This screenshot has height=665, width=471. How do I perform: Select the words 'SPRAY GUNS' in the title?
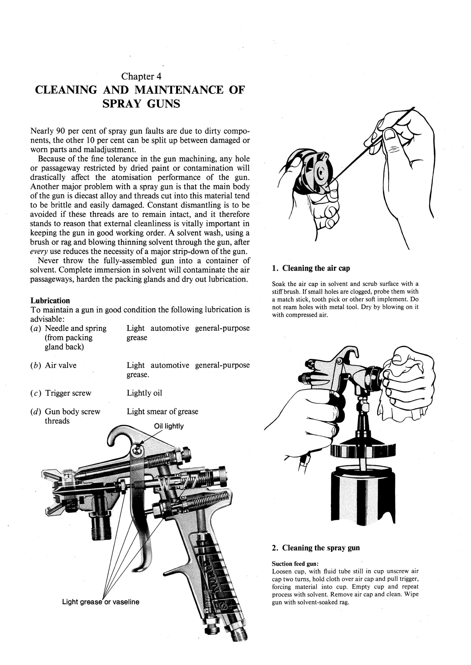[x=141, y=104]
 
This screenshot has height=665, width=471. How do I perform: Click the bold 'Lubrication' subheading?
[x=50, y=301]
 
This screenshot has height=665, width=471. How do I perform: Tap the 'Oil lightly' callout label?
[x=169, y=426]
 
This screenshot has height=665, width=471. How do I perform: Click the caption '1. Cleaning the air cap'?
[x=311, y=268]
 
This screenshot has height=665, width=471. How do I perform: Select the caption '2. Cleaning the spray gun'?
[x=316, y=548]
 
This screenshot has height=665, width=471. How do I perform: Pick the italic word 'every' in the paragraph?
[x=38, y=252]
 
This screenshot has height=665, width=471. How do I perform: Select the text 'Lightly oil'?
[x=144, y=393]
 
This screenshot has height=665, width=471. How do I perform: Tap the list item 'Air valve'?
[x=61, y=365]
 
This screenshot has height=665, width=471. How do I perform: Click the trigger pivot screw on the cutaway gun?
[x=137, y=451]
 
